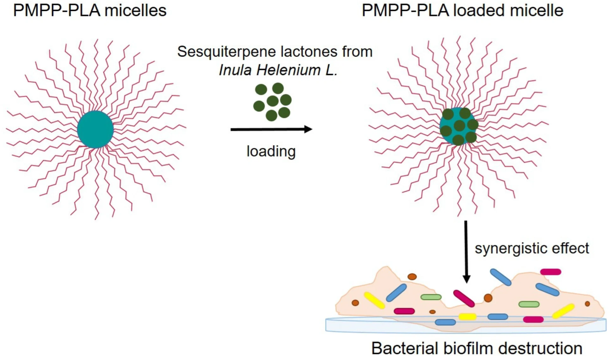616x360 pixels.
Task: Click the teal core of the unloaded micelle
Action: point(95,129)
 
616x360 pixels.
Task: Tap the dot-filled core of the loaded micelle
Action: point(459,126)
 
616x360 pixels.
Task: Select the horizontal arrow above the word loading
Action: point(271,129)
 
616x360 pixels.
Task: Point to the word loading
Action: point(271,151)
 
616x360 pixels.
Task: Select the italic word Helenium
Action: point(288,70)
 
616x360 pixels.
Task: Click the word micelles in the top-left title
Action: point(135,10)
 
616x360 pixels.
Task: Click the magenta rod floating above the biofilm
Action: point(551,272)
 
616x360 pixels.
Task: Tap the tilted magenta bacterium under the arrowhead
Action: point(464,299)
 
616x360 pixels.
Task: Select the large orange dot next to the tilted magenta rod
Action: point(488,298)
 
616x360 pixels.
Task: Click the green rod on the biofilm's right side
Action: point(529,304)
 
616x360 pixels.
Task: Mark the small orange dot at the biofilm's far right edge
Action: point(587,304)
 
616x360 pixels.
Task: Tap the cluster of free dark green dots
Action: point(272,102)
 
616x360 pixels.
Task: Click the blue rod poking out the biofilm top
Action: point(501,277)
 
